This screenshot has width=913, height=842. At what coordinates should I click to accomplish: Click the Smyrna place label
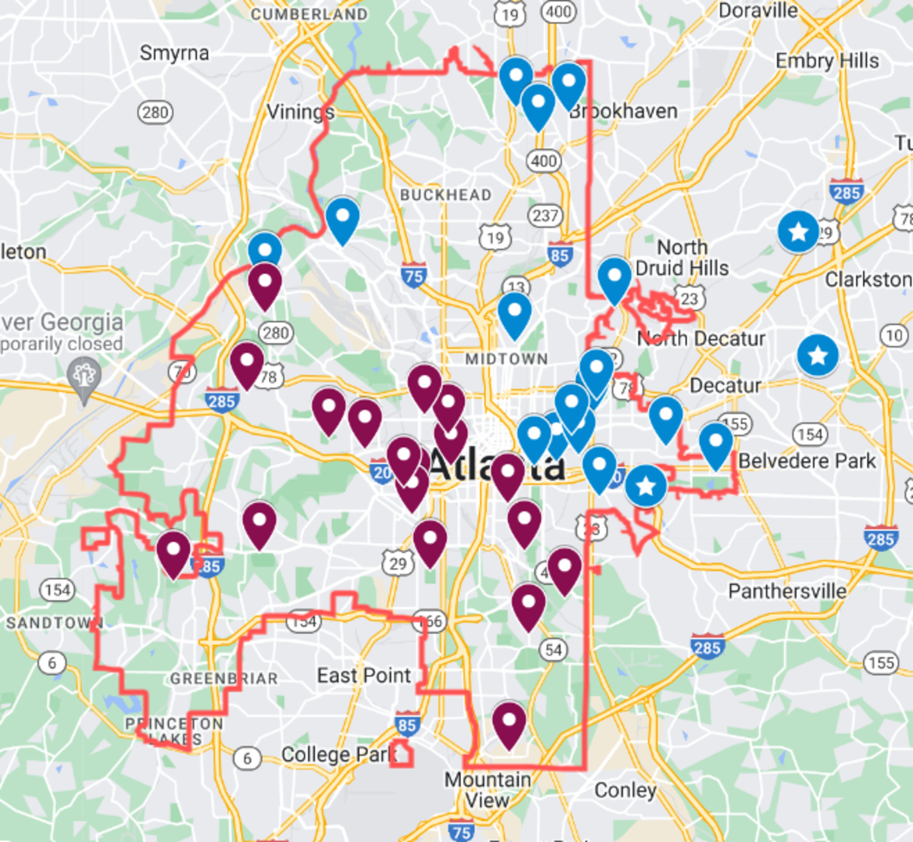[174, 53]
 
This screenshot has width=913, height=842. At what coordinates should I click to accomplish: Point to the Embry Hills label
[827, 61]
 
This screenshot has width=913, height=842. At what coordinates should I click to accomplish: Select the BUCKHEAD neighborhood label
[446, 195]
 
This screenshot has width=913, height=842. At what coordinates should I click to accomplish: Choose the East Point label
[364, 675]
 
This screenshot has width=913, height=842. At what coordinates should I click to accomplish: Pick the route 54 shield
[553, 650]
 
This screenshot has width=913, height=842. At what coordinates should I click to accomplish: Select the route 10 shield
[894, 336]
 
